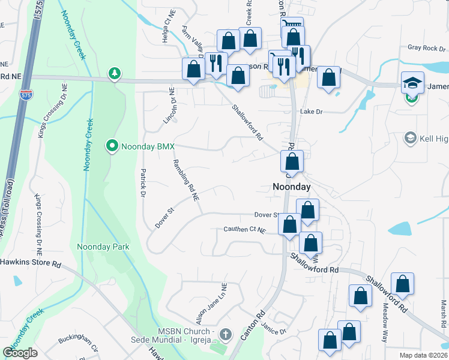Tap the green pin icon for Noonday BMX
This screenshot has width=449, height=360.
(x=111, y=145)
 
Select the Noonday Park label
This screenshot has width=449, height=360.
(x=103, y=247)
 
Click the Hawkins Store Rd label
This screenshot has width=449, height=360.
(x=31, y=263)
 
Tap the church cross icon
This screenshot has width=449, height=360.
(x=225, y=334)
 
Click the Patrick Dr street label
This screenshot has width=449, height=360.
(x=143, y=183)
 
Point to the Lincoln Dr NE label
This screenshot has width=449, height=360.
(x=169, y=107)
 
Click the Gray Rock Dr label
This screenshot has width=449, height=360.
(x=424, y=47)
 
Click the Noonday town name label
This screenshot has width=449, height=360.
(x=292, y=187)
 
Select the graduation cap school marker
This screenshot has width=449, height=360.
(x=413, y=83)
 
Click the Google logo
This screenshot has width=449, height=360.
(x=20, y=353)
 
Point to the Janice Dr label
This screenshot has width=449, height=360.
(x=274, y=328)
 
